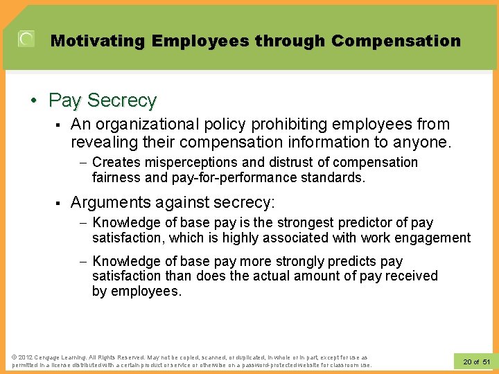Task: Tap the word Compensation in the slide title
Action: click(x=396, y=41)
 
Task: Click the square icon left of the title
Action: click(x=26, y=39)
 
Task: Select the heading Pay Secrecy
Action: click(x=103, y=100)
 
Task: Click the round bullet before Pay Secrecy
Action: click(x=34, y=101)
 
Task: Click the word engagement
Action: click(x=433, y=238)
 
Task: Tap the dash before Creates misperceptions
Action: click(x=82, y=163)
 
